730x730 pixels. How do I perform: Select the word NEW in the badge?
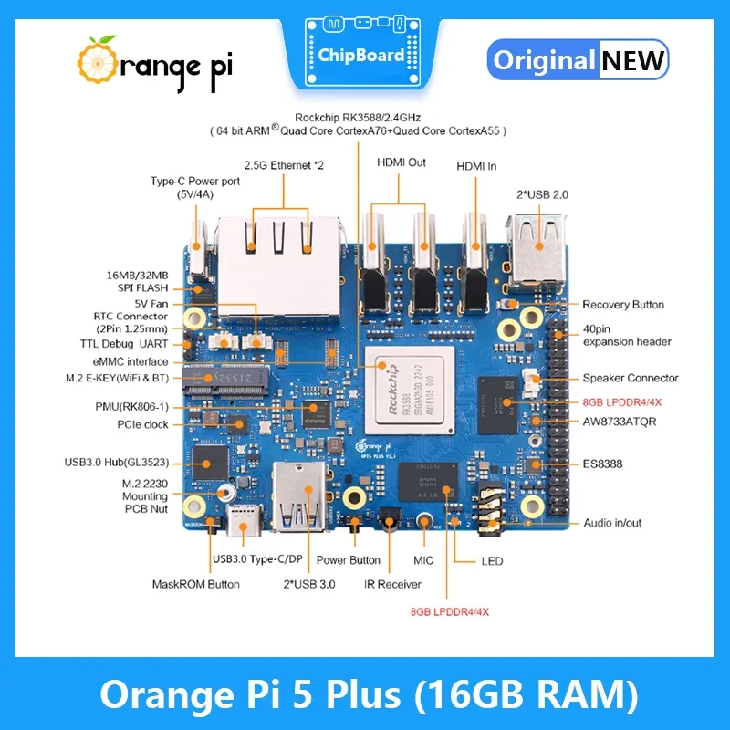[x=633, y=61]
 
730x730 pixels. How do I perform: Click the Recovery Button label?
[x=623, y=305]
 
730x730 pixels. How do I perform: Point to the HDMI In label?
[x=477, y=166]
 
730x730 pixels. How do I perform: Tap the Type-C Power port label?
[x=195, y=188]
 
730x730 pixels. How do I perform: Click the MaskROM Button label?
[x=195, y=584]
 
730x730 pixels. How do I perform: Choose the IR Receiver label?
[x=392, y=584]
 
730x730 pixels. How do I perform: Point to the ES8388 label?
[x=603, y=464]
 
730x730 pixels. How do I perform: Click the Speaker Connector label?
[x=631, y=378]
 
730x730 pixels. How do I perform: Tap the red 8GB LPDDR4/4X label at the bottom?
[x=449, y=611]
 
